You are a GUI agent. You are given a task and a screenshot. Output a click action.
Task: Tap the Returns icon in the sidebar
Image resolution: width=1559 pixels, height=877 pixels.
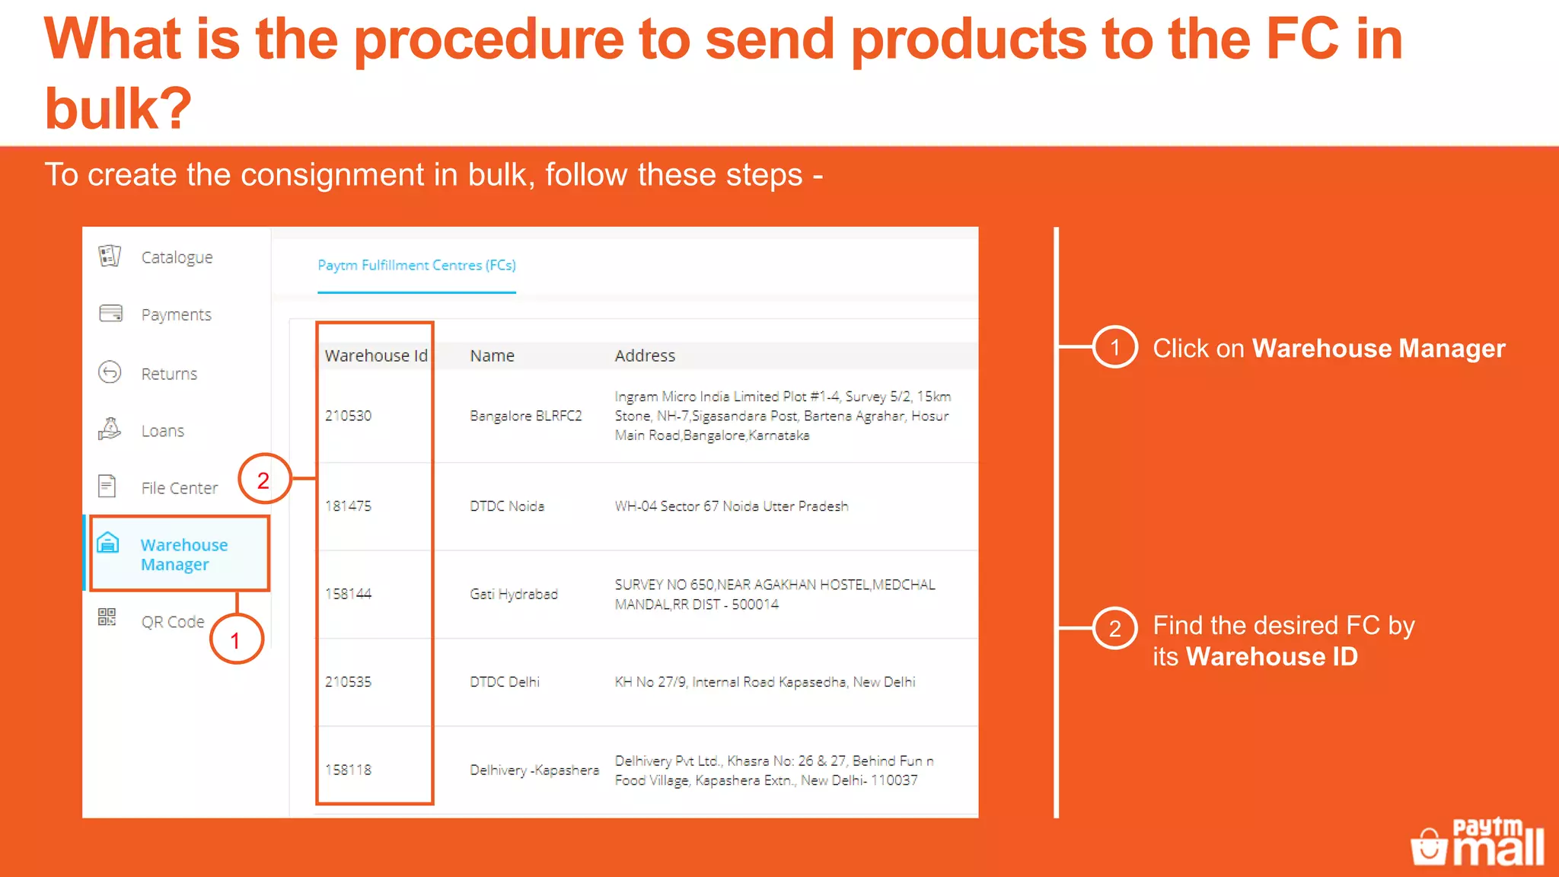click(x=110, y=372)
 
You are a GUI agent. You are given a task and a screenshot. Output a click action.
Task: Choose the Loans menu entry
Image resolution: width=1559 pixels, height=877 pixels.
click(x=162, y=431)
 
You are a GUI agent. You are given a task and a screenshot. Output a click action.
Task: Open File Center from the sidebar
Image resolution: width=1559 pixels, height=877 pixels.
click(x=178, y=488)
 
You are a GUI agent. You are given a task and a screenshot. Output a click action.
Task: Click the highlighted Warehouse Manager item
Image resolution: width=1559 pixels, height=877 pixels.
click(x=183, y=554)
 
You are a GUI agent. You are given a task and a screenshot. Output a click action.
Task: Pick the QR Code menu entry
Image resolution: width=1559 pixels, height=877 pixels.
click(x=172, y=622)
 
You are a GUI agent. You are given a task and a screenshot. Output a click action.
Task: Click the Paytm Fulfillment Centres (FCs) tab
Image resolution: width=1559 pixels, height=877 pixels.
click(x=416, y=265)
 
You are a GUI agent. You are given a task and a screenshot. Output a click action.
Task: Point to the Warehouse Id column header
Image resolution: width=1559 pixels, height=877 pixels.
click(x=375, y=356)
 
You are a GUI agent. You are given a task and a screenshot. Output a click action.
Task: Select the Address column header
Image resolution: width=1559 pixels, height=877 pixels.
click(x=645, y=356)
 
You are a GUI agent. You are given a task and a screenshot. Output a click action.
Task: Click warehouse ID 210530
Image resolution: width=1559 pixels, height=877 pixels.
click(x=348, y=416)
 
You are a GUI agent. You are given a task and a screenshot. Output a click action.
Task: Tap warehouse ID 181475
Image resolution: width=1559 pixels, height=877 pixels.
click(x=348, y=506)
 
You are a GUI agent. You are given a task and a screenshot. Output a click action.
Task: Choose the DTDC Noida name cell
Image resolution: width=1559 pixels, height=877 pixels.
click(x=507, y=506)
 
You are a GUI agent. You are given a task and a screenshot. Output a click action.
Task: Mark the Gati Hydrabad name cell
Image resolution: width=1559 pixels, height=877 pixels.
click(x=514, y=594)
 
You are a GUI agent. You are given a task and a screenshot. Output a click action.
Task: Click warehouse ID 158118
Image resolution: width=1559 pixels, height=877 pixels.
click(x=348, y=770)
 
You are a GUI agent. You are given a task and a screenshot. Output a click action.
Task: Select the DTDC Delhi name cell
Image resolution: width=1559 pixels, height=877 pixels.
click(x=505, y=682)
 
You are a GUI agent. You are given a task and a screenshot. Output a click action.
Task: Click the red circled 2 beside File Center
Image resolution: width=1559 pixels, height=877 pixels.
click(x=263, y=480)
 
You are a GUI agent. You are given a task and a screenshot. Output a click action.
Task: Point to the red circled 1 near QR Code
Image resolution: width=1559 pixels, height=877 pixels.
click(x=236, y=640)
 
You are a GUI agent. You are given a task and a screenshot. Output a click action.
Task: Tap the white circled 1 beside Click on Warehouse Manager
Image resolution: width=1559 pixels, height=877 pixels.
click(x=1115, y=347)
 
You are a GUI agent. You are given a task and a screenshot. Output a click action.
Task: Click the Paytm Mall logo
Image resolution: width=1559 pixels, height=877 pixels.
click(x=1477, y=842)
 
